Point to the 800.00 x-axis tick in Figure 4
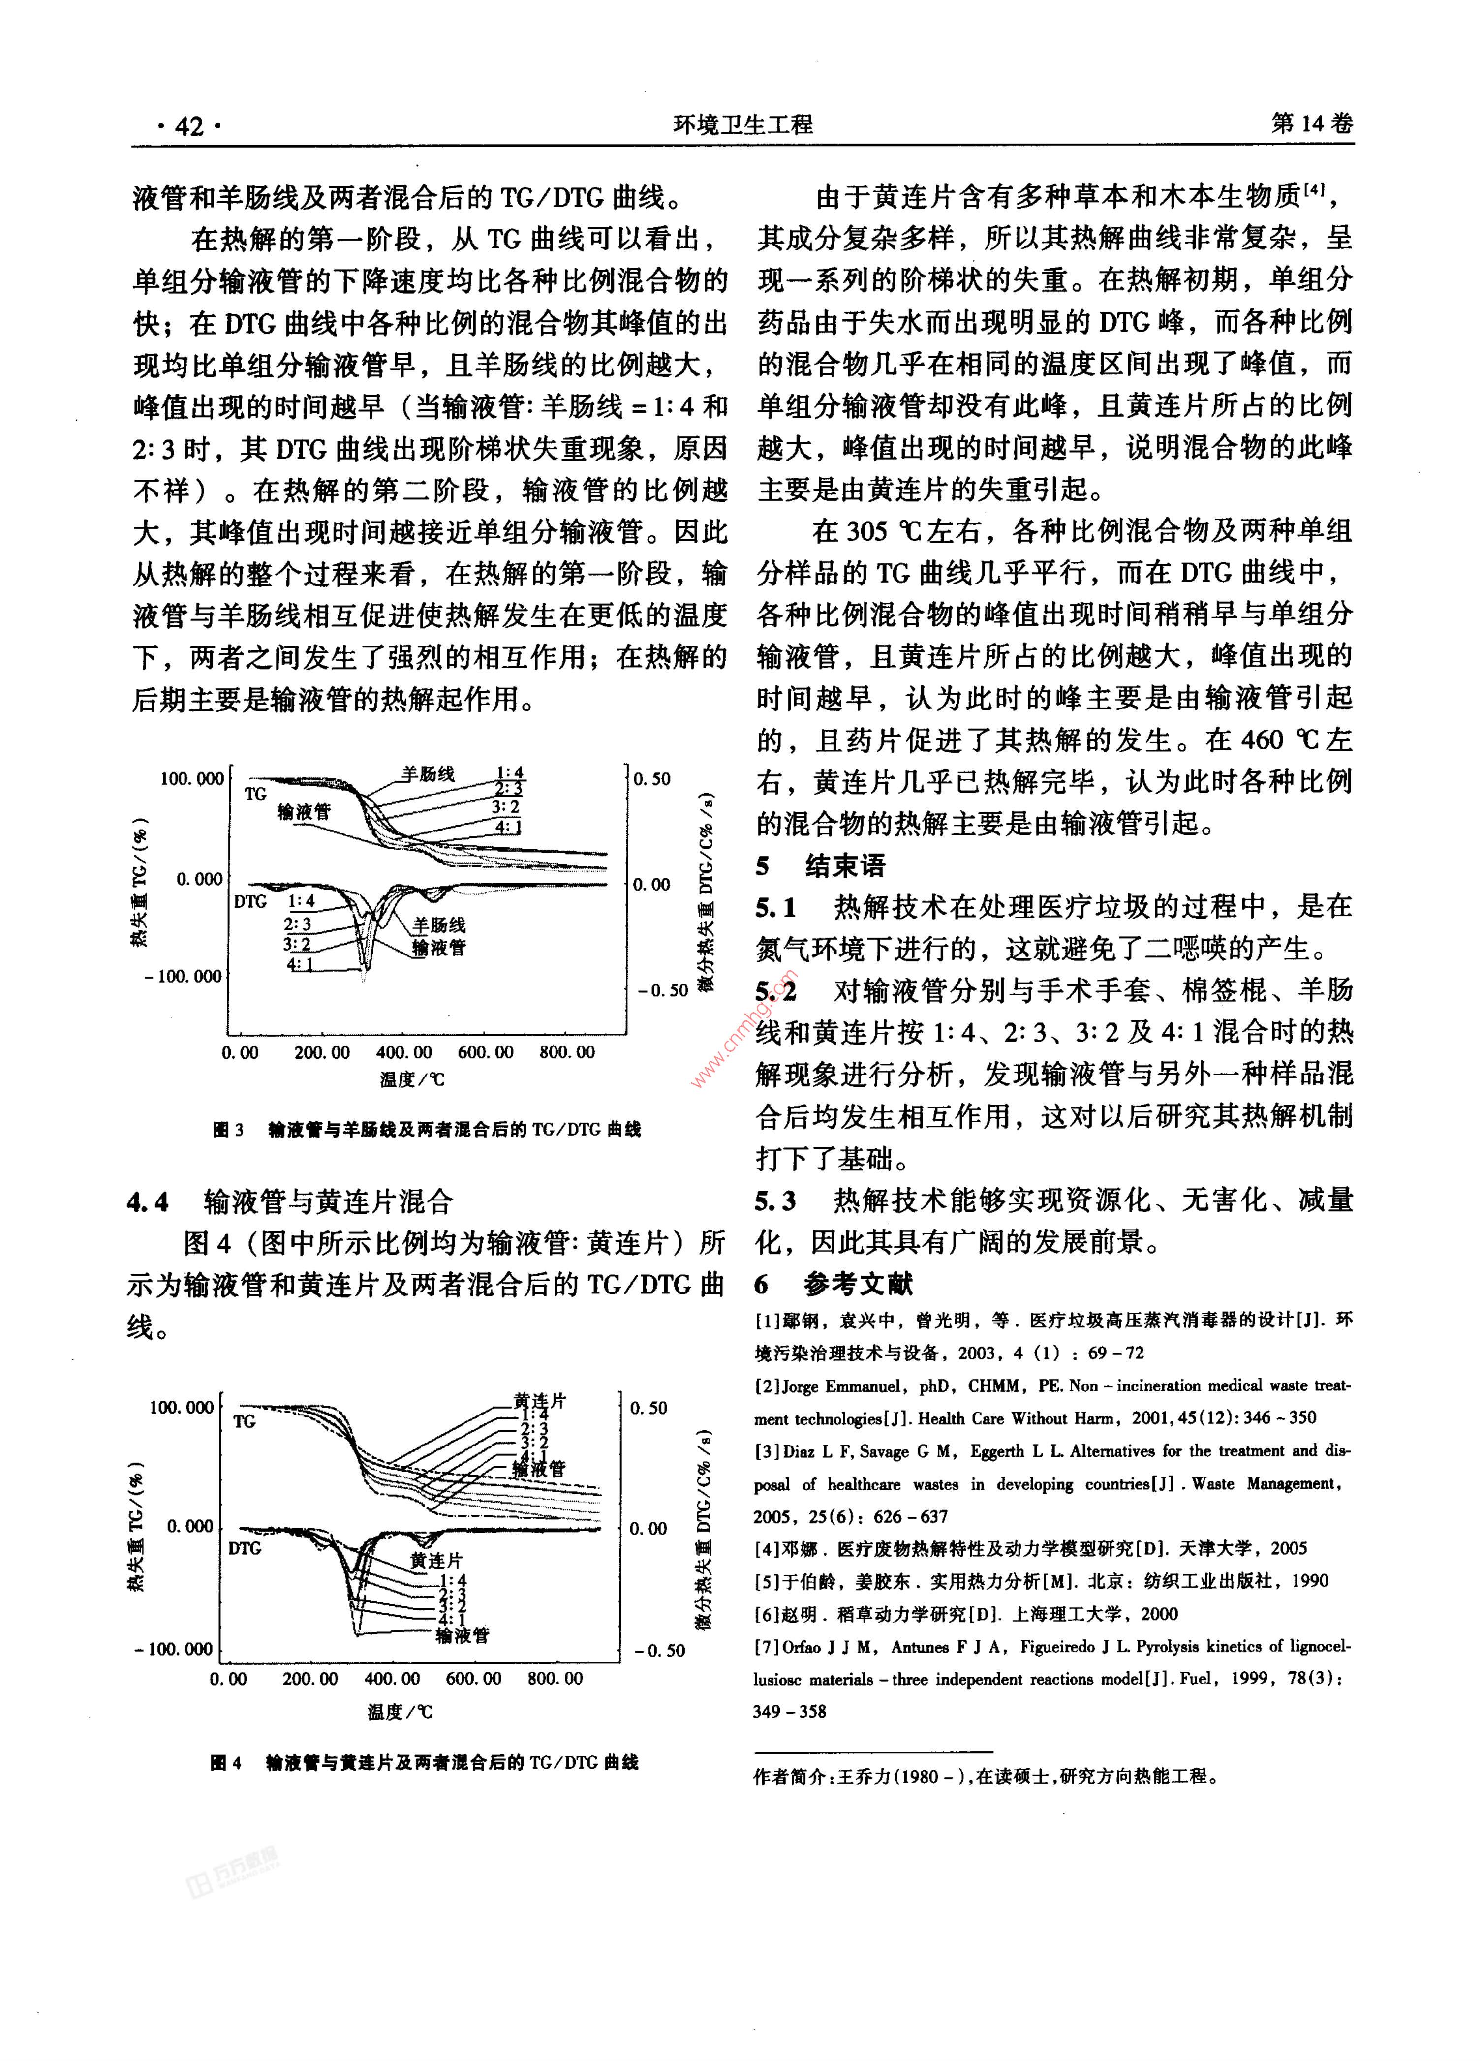point(555,1678)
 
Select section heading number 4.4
point(148,1202)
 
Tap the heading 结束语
point(844,866)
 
